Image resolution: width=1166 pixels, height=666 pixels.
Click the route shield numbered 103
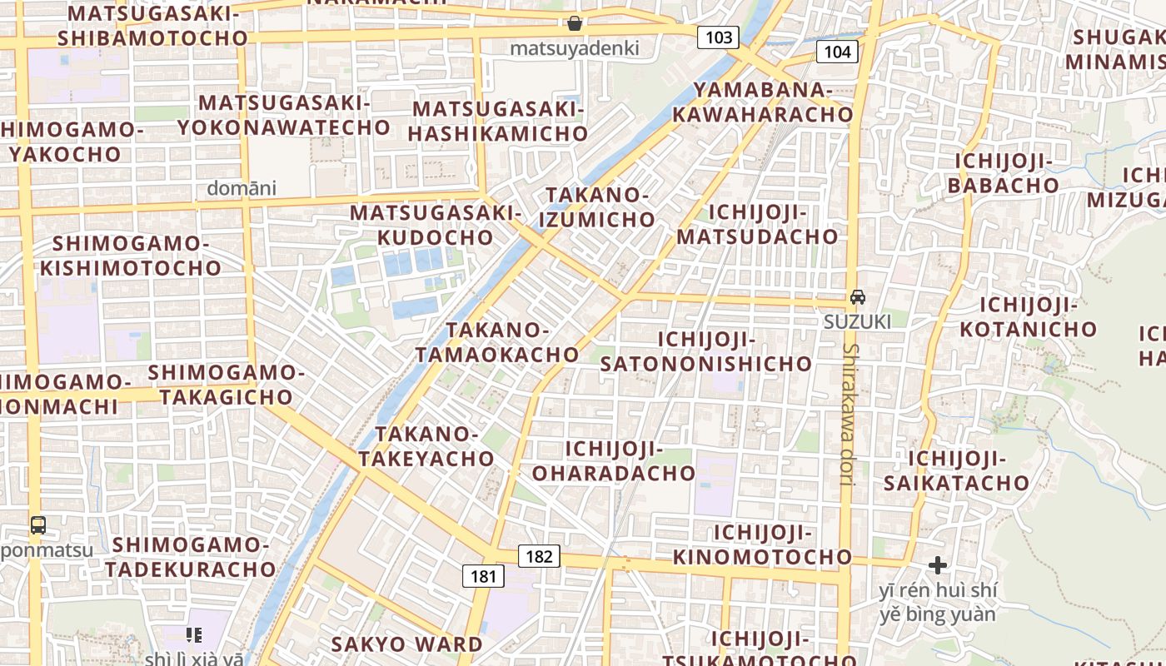coord(719,37)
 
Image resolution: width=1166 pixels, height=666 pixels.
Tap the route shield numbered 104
coord(837,52)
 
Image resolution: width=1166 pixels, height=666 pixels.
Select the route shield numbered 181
coord(482,575)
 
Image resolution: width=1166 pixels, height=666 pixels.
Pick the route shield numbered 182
coord(539,556)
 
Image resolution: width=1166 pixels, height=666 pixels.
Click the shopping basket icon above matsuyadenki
coord(575,23)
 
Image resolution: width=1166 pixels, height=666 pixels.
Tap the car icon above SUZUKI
coord(857,296)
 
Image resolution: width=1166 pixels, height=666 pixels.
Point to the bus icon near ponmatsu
coord(38,524)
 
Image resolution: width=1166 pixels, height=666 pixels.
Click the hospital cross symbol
coord(938,565)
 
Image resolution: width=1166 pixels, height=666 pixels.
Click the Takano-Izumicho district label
coord(600,207)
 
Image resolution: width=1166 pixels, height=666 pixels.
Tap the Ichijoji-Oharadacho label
coord(614,461)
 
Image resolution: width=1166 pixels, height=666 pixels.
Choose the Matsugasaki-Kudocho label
coord(436,225)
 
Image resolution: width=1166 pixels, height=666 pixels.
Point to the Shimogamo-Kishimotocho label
coord(131,256)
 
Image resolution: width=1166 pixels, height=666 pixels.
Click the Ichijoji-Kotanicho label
coord(1029,317)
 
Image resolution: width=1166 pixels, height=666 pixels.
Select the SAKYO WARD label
coord(406,644)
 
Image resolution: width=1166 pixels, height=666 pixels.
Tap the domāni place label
coord(242,188)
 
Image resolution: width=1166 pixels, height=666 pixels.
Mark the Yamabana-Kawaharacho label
coord(763,102)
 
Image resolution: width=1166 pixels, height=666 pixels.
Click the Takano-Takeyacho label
coord(426,446)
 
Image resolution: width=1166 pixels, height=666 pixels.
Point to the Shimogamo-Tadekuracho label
coord(191,557)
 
